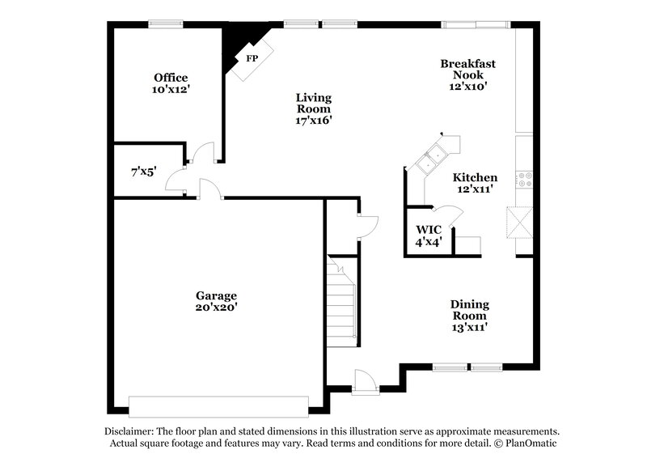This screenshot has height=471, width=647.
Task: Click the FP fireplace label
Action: pos(251,60)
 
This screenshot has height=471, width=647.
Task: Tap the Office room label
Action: pos(171,78)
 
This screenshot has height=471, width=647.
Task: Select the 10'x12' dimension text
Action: pos(171,90)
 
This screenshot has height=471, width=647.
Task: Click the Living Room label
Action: pos(314,103)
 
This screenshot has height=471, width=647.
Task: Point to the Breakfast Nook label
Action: pos(467,69)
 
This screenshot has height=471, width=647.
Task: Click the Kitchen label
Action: pos(475,177)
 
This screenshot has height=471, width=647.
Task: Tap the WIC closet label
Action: pos(427,229)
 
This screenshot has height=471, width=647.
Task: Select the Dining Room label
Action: pos(470,310)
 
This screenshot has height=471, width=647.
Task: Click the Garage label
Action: pos(216,295)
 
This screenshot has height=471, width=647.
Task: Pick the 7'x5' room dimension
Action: pos(143,172)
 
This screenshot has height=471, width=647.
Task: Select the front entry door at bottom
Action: pos(365,382)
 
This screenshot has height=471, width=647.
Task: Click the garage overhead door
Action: pos(219,405)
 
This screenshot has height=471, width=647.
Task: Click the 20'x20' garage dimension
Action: pos(216,308)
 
